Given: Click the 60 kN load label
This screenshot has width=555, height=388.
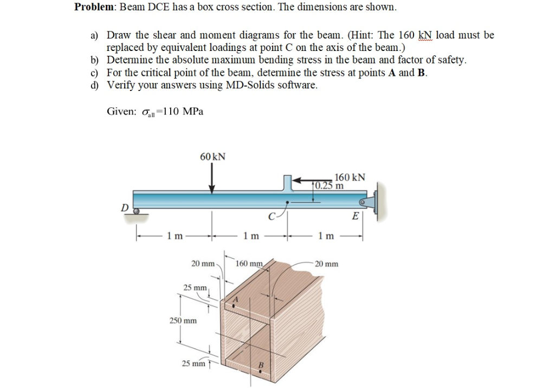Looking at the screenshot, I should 212,157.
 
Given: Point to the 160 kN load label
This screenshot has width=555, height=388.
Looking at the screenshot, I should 350,177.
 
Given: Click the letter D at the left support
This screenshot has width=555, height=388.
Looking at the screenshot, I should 125,206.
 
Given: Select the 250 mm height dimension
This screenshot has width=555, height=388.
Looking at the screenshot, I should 183,320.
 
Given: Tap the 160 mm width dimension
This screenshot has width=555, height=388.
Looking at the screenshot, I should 249,264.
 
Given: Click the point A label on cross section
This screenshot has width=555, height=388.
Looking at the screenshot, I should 236,299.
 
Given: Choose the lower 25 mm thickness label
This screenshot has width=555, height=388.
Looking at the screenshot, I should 194,364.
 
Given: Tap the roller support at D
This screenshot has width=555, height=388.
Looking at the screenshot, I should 137,211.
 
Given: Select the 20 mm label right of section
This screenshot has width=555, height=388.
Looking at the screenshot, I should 327,264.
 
